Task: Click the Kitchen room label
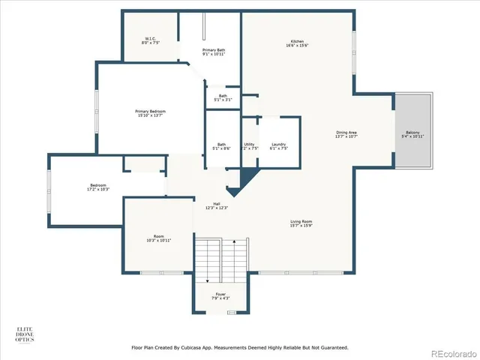[298, 43]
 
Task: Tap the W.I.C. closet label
[150, 40]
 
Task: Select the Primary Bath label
[213, 52]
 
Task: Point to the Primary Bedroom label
[130, 113]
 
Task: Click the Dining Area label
[346, 135]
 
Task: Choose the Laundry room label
[278, 145]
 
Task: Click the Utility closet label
[250, 145]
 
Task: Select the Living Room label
[301, 223]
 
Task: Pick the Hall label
[216, 205]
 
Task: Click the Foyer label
[220, 296]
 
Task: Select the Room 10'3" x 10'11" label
[158, 238]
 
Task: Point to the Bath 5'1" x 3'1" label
[223, 97]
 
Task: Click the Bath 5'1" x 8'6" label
[222, 146]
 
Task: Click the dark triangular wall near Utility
[244, 178]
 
